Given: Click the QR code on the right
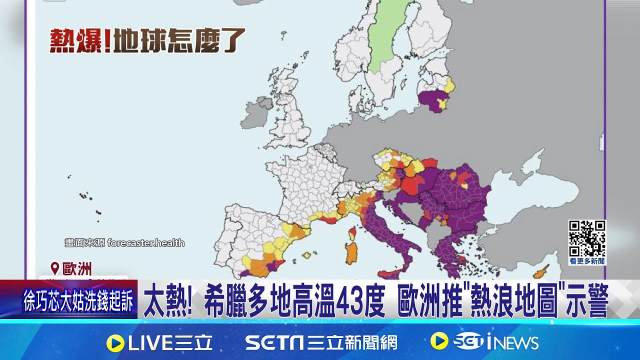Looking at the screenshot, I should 587,238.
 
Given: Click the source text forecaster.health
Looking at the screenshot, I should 145,243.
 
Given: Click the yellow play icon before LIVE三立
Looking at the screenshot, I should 115,342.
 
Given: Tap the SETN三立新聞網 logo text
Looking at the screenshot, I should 320,342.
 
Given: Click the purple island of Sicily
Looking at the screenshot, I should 390,274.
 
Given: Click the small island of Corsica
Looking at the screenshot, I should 352,232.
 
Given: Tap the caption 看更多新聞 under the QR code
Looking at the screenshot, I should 587,261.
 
